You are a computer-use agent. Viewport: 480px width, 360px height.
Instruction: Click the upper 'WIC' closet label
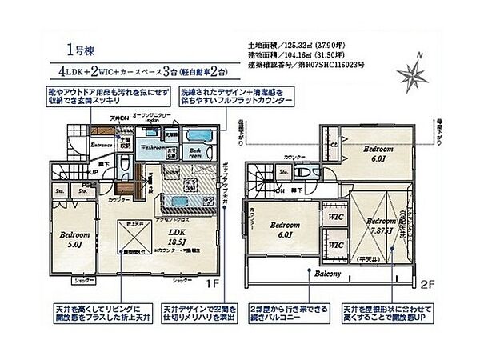tap(337, 218)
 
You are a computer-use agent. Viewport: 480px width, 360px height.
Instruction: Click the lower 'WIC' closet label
tap(337, 246)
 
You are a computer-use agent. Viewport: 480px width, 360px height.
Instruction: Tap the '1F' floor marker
tap(211, 282)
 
